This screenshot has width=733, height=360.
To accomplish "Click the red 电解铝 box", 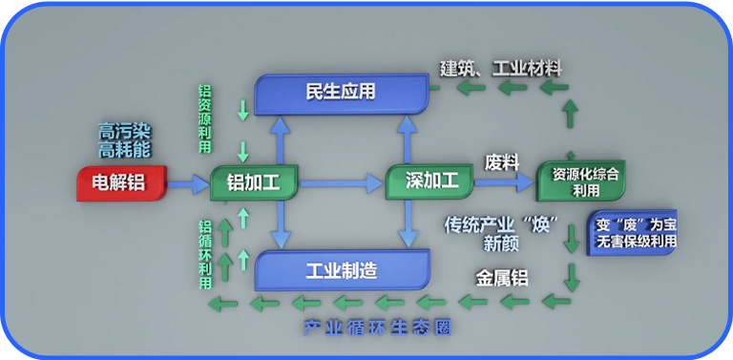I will tap(119, 182).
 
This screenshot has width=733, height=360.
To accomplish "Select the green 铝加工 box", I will tap(253, 182).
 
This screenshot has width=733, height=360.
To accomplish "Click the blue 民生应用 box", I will tap(341, 93).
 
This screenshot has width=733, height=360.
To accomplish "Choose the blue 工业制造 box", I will tap(341, 270).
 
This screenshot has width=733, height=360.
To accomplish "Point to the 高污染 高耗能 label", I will tap(125, 140).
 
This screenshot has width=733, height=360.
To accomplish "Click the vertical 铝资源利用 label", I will tap(204, 111).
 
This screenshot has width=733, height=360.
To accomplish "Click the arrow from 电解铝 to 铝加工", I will tap(189, 181).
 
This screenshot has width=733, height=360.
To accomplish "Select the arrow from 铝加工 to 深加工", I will tap(339, 181).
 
